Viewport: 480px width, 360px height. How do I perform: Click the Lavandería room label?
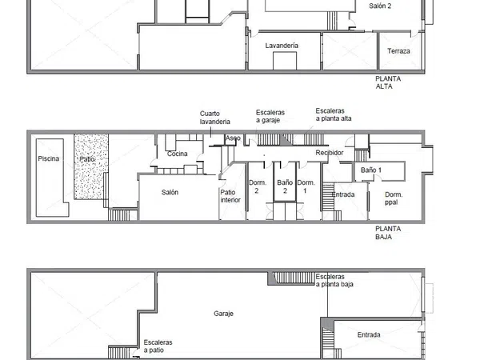282,46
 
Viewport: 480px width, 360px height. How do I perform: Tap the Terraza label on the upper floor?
398,51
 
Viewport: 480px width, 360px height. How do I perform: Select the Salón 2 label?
380,6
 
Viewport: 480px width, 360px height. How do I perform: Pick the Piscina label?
48,158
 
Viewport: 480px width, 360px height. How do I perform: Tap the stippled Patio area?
91,167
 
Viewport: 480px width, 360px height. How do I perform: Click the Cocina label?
178,154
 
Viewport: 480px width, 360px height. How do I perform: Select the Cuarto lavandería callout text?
215,118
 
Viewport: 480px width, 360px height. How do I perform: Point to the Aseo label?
233,138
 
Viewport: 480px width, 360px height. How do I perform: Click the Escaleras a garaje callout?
270,116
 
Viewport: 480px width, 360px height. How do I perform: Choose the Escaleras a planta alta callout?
334,114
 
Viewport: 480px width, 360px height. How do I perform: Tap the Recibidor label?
330,153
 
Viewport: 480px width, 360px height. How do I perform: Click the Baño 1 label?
371,170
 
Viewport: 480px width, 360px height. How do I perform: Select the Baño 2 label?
285,186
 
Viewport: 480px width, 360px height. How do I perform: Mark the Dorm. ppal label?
394,198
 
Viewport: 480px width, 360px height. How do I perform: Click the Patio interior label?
230,196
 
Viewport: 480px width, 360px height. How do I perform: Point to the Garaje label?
223,314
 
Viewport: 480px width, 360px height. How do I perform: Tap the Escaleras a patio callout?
158,346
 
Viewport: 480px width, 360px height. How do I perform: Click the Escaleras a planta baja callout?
334,281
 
